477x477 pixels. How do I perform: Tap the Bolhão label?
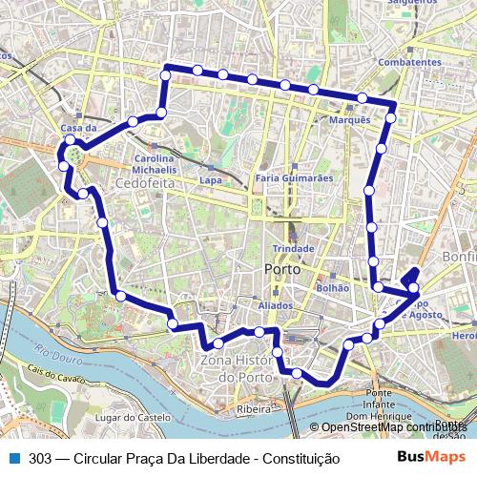(x=332, y=286)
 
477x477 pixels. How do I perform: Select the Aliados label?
(x=276, y=305)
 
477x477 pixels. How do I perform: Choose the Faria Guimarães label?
(x=294, y=177)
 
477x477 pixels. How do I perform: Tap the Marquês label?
(x=349, y=120)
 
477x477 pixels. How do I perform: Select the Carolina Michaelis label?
(x=153, y=163)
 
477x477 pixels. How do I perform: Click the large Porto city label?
(x=282, y=270)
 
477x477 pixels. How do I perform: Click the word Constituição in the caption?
(x=301, y=458)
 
